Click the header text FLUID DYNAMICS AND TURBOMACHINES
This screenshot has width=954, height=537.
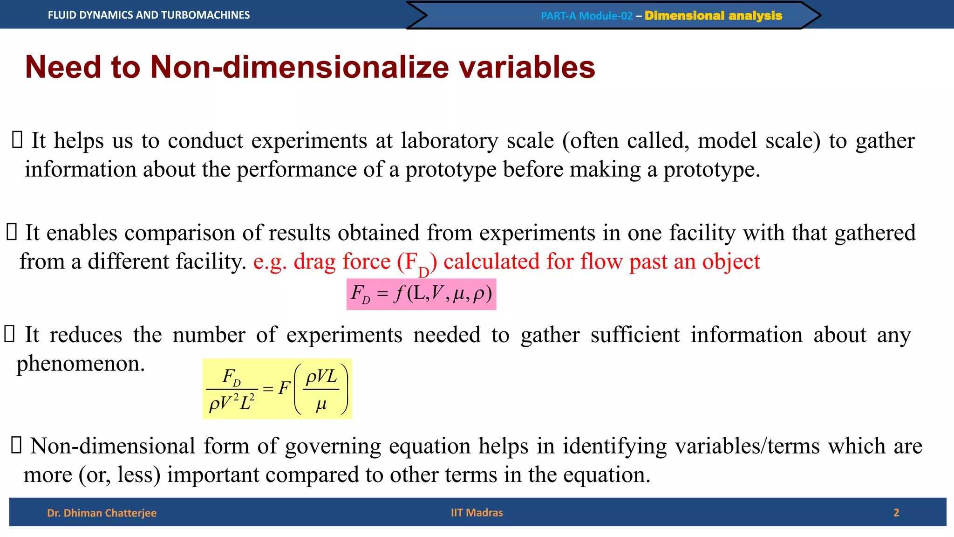pyautogui.click(x=149, y=15)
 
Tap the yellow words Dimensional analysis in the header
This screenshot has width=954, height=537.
pyautogui.click(x=713, y=16)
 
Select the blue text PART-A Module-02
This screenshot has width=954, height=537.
pyautogui.click(x=586, y=16)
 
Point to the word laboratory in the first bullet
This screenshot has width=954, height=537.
pyautogui.click(x=450, y=141)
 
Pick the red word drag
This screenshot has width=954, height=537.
pyautogui.click(x=315, y=262)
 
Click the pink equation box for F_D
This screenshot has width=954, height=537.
pyautogui.click(x=421, y=294)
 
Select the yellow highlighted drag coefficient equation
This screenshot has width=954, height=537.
pyautogui.click(x=277, y=389)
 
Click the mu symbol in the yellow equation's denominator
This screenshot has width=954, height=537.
pyautogui.click(x=321, y=404)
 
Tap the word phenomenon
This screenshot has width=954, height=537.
pyautogui.click(x=81, y=364)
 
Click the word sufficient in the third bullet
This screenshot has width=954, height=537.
pyautogui.click(x=635, y=335)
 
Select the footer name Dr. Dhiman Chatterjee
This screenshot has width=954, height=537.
pyautogui.click(x=102, y=513)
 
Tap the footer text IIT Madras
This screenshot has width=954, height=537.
pyautogui.click(x=477, y=513)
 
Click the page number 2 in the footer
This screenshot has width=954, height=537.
pyautogui.click(x=896, y=513)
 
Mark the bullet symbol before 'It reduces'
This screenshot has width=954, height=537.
pyautogui.click(x=10, y=334)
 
